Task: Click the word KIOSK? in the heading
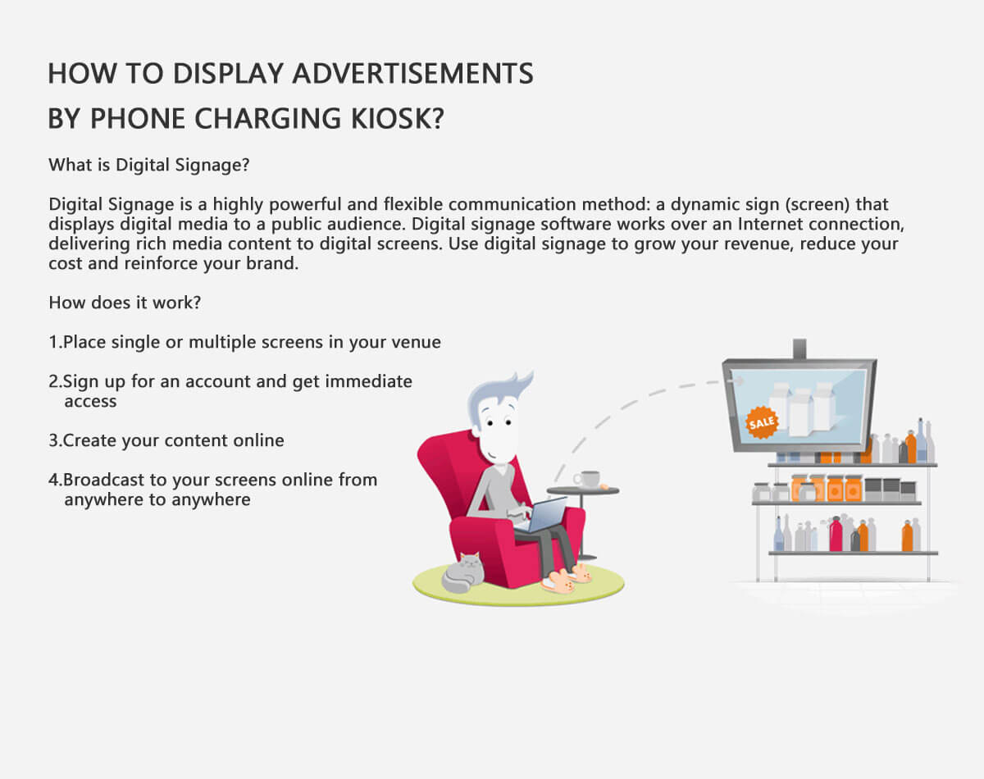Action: (x=398, y=118)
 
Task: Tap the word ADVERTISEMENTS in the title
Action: (x=412, y=74)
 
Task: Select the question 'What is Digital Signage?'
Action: (x=149, y=165)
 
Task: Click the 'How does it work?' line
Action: (x=125, y=303)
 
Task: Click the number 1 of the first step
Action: (x=53, y=342)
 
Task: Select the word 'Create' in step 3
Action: (x=89, y=440)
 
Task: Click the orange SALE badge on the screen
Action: (x=761, y=422)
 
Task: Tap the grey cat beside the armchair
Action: (x=463, y=572)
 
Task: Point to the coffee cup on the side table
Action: (x=586, y=478)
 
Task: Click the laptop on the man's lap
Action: (x=542, y=515)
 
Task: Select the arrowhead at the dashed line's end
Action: (x=736, y=380)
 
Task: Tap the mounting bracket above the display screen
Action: (x=799, y=348)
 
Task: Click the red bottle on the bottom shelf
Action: (x=836, y=534)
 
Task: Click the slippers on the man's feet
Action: (x=567, y=579)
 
